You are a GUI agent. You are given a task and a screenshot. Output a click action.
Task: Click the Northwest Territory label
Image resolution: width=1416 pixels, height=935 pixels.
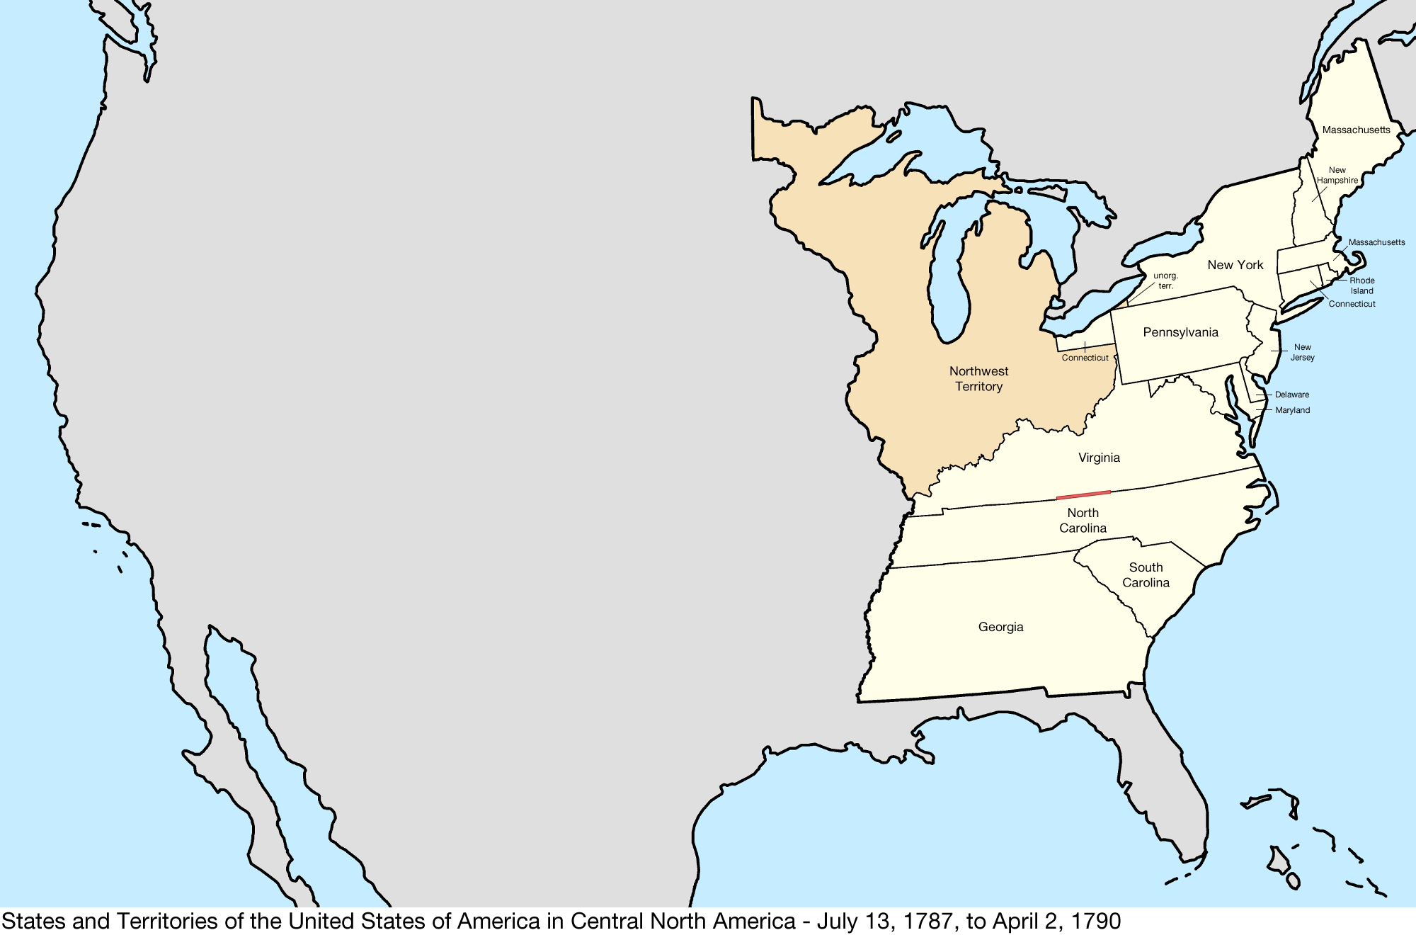978,379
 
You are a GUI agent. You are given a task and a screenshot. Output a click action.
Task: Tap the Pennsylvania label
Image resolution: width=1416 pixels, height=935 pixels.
1180,333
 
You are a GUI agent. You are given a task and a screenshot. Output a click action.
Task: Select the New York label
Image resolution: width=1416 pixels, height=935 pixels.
1235,265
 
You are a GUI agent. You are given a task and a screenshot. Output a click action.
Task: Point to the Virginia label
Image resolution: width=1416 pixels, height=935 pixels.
1099,458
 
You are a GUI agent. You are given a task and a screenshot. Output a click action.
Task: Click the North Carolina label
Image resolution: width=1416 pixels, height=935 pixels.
1083,521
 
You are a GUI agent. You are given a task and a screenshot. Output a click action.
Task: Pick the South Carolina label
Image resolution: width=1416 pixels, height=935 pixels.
1146,575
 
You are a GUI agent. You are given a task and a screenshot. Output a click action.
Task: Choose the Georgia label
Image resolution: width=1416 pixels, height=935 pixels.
1000,627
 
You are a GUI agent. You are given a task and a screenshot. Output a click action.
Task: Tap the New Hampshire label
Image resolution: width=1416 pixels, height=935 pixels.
1337,176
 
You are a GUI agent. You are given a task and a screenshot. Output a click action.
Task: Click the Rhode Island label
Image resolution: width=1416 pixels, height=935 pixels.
1361,285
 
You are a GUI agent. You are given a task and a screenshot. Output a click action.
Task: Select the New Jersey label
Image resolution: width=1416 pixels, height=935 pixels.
1302,352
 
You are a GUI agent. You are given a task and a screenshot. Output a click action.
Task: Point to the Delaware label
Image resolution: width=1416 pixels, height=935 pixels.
1291,395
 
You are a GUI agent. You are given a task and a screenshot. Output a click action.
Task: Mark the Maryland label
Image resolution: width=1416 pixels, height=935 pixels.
1292,410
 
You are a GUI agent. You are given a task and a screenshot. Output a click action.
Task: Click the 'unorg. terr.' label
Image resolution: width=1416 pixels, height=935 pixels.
1165,280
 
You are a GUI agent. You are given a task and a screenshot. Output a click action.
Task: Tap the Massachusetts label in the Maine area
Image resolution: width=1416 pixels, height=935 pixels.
1356,130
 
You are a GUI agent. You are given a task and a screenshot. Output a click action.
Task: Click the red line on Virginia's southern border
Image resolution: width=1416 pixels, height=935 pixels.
1083,495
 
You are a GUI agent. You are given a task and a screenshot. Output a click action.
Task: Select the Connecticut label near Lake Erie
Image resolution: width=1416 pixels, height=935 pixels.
1085,358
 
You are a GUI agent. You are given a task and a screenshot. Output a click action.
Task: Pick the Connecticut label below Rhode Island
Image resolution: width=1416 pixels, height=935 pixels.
1352,304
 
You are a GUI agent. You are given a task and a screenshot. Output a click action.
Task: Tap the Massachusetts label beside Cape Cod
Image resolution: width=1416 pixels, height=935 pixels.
1376,242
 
